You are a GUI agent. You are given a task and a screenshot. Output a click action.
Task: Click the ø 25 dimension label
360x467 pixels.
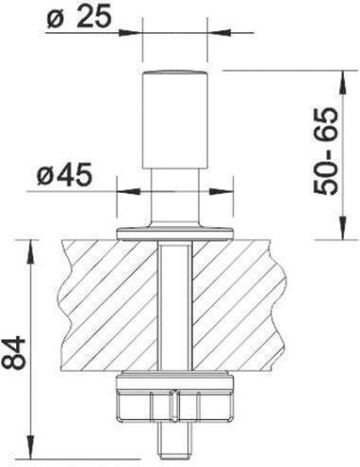tap(79, 15)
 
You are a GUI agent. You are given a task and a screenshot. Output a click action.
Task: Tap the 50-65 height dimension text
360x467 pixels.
tap(325, 152)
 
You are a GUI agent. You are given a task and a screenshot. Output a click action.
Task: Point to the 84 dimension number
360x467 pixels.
tap(13, 352)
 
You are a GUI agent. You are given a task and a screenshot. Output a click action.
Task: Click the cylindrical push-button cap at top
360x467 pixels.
tap(175, 121)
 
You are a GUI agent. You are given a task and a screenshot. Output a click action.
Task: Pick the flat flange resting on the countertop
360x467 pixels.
tap(175, 233)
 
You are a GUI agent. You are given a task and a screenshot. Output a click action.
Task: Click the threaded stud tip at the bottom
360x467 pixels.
tap(175, 444)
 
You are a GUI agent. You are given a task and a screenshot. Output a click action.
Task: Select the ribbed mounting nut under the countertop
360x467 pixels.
tap(175, 398)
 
